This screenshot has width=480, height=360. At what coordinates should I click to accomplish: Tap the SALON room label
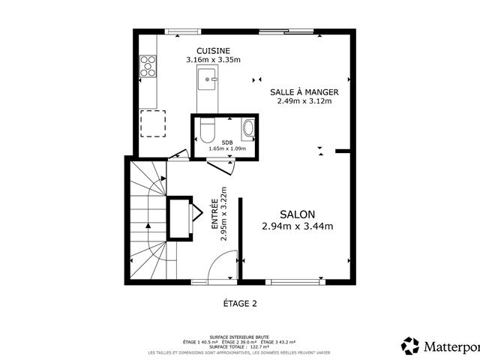point(298,213)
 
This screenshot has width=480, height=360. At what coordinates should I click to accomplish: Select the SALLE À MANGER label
point(304,92)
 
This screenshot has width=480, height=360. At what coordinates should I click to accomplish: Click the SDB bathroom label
point(226,142)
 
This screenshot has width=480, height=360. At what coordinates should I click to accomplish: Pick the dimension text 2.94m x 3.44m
point(298,226)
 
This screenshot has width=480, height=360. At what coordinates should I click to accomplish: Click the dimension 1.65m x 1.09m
point(226,148)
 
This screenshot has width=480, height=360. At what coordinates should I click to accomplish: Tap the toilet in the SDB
point(208,130)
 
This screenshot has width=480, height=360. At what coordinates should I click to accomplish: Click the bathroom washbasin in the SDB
point(249,129)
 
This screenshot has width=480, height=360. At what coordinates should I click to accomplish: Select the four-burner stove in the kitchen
point(147,67)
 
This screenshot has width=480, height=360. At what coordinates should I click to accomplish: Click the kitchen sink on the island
point(206,77)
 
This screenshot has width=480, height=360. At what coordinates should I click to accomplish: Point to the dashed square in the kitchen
point(154,122)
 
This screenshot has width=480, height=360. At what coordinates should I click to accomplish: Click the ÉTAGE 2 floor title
point(240,304)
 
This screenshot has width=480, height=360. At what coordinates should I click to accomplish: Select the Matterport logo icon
point(410,346)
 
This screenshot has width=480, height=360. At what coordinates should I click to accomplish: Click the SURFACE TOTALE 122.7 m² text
point(239,346)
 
